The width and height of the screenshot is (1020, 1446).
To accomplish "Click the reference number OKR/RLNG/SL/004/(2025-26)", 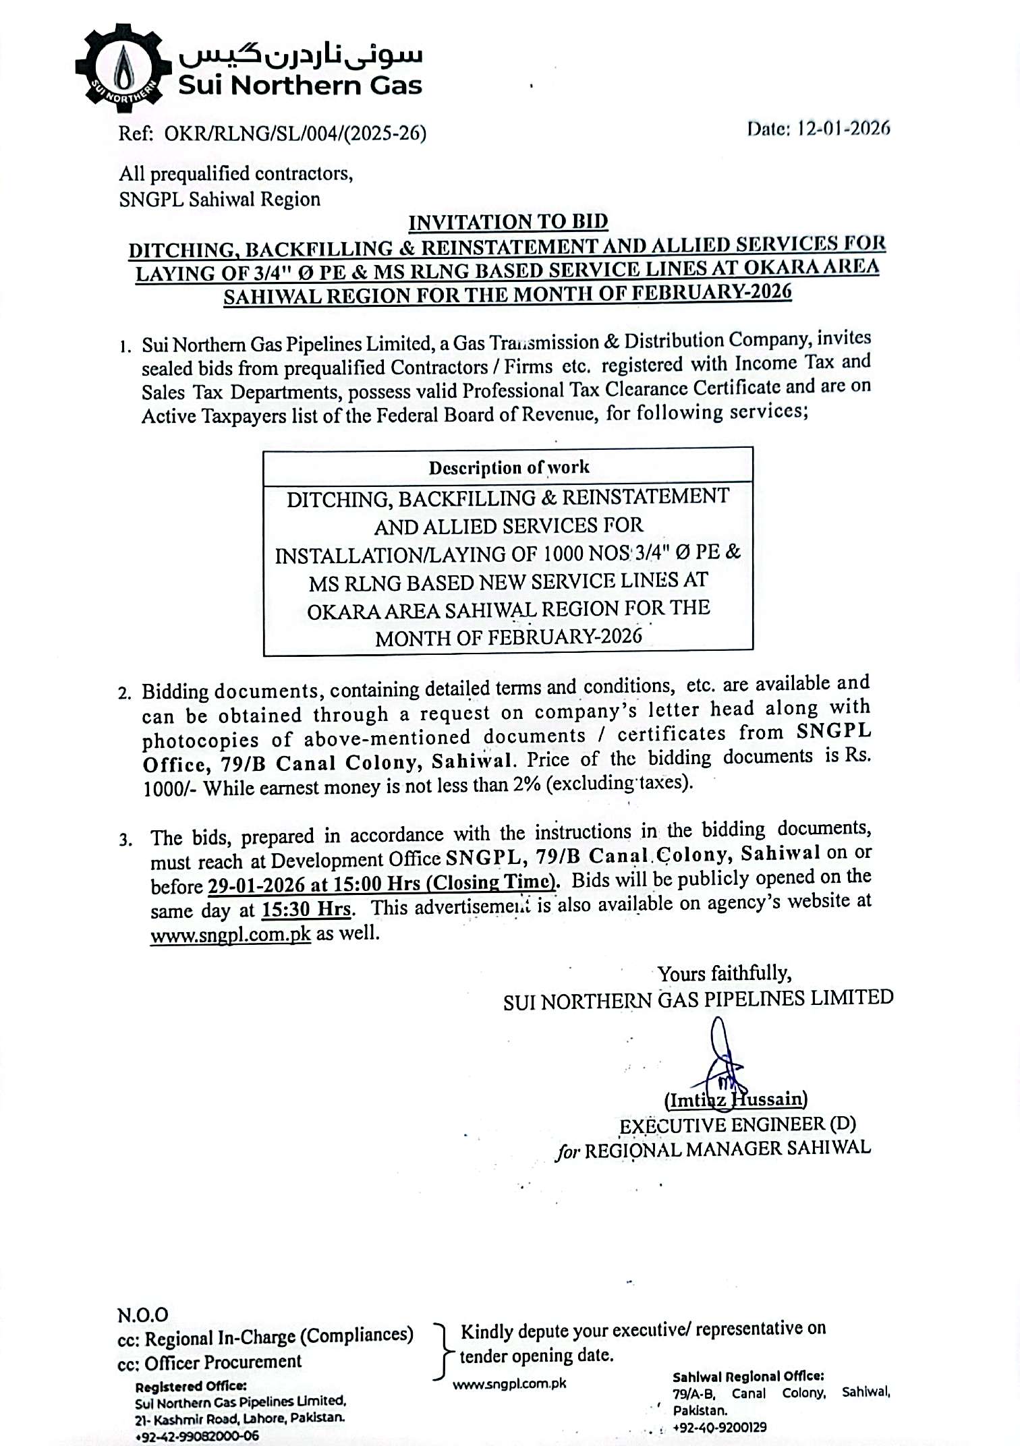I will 295,134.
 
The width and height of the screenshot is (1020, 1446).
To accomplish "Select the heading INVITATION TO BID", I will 509,221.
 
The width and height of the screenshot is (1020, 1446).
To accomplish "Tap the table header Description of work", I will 509,467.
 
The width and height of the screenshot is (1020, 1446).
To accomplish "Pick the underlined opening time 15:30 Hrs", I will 306,909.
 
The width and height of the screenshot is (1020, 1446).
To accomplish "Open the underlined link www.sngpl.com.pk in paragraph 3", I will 230,935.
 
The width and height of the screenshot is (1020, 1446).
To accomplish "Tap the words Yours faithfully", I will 724,973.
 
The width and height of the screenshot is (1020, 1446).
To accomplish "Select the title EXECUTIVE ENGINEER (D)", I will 737,1124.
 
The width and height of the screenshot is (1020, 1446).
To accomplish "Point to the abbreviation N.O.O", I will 143,1314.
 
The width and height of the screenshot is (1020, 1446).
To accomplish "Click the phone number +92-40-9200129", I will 719,1427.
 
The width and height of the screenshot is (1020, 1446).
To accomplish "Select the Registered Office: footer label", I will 190,1387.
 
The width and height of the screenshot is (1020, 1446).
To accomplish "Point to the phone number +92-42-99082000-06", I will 196,1436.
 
